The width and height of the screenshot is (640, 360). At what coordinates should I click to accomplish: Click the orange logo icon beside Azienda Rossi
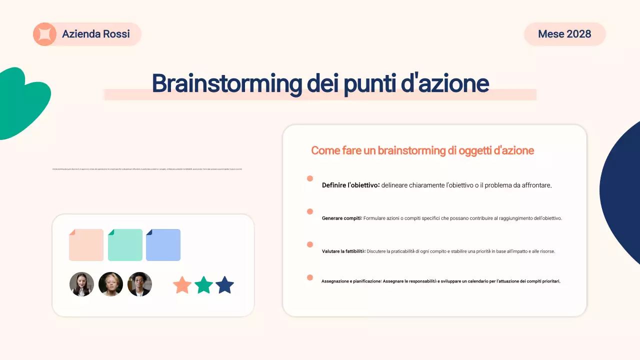[44, 34]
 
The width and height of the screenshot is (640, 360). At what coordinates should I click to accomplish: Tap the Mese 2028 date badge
[564, 34]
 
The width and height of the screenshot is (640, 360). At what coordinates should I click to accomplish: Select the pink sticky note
[86, 245]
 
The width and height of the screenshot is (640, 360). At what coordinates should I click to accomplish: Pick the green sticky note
[125, 245]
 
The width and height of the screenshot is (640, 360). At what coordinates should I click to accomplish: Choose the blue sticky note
[163, 245]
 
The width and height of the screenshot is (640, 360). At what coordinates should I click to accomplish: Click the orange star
[182, 285]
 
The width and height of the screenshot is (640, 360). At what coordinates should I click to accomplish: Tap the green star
[203, 285]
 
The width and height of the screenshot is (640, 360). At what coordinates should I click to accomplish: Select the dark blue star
[224, 285]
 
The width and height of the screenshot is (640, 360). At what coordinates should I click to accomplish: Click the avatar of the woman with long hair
[81, 284]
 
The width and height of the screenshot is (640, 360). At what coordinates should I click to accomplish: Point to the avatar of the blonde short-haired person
[110, 284]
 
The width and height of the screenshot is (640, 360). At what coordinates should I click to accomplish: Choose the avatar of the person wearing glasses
[139, 284]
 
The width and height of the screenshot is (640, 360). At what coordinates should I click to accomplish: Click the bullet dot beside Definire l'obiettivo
[310, 178]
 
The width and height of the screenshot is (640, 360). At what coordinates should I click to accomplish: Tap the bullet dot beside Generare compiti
[310, 211]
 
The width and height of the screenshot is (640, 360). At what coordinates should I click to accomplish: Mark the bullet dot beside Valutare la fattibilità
[310, 244]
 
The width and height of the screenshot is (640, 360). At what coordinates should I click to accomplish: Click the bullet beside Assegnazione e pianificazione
[310, 277]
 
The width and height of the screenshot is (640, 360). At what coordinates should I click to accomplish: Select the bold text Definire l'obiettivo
[350, 185]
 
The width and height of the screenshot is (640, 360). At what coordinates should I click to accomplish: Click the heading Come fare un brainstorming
[422, 150]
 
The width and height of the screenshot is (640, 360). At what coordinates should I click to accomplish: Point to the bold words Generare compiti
[341, 218]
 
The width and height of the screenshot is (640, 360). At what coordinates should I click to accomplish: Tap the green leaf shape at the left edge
[22, 102]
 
